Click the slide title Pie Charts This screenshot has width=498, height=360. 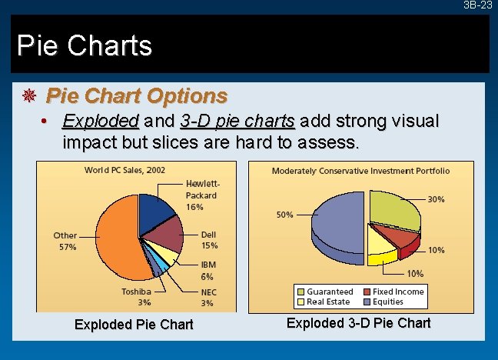coord(85,45)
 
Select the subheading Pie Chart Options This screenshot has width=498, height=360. coord(137,96)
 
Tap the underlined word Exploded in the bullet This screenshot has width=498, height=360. coord(100,122)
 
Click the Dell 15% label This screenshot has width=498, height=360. coord(209,240)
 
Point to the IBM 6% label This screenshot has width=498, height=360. coord(207,270)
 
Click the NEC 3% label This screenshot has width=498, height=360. coord(209,298)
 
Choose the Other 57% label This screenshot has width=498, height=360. coord(65,242)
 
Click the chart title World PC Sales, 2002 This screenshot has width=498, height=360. coord(124,170)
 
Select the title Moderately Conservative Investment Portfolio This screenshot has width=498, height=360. coord(361,171)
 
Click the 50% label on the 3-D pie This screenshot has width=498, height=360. coord(284,215)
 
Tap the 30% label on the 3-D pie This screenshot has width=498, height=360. coord(436,200)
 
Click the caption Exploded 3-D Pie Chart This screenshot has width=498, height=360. coord(358,323)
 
